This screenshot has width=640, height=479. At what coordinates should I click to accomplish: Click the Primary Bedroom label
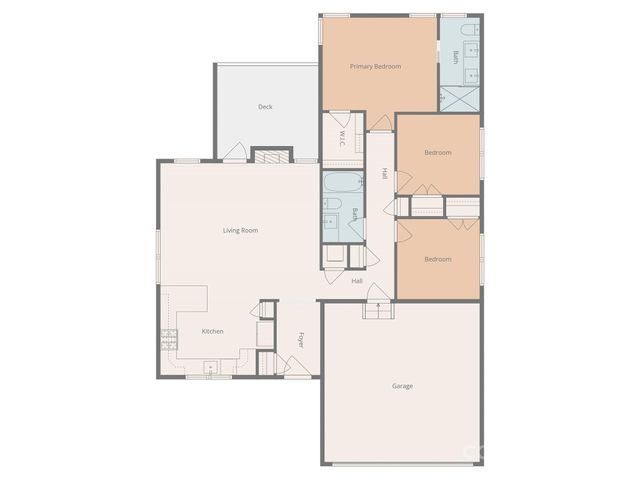375,67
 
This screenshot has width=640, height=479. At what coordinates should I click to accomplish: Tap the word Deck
265,107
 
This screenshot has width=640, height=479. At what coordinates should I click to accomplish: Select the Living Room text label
241,231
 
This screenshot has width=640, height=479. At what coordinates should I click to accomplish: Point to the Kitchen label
213,331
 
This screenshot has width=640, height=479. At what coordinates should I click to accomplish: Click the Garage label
402,385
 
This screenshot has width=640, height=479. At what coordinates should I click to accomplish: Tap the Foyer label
300,340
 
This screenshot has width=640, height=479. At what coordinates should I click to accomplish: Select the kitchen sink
212,370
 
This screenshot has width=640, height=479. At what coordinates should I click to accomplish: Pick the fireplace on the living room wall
266,155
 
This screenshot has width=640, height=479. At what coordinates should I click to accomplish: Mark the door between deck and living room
234,152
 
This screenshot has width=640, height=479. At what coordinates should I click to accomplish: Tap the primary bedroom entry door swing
381,122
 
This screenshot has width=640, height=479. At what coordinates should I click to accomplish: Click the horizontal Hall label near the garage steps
357,281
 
